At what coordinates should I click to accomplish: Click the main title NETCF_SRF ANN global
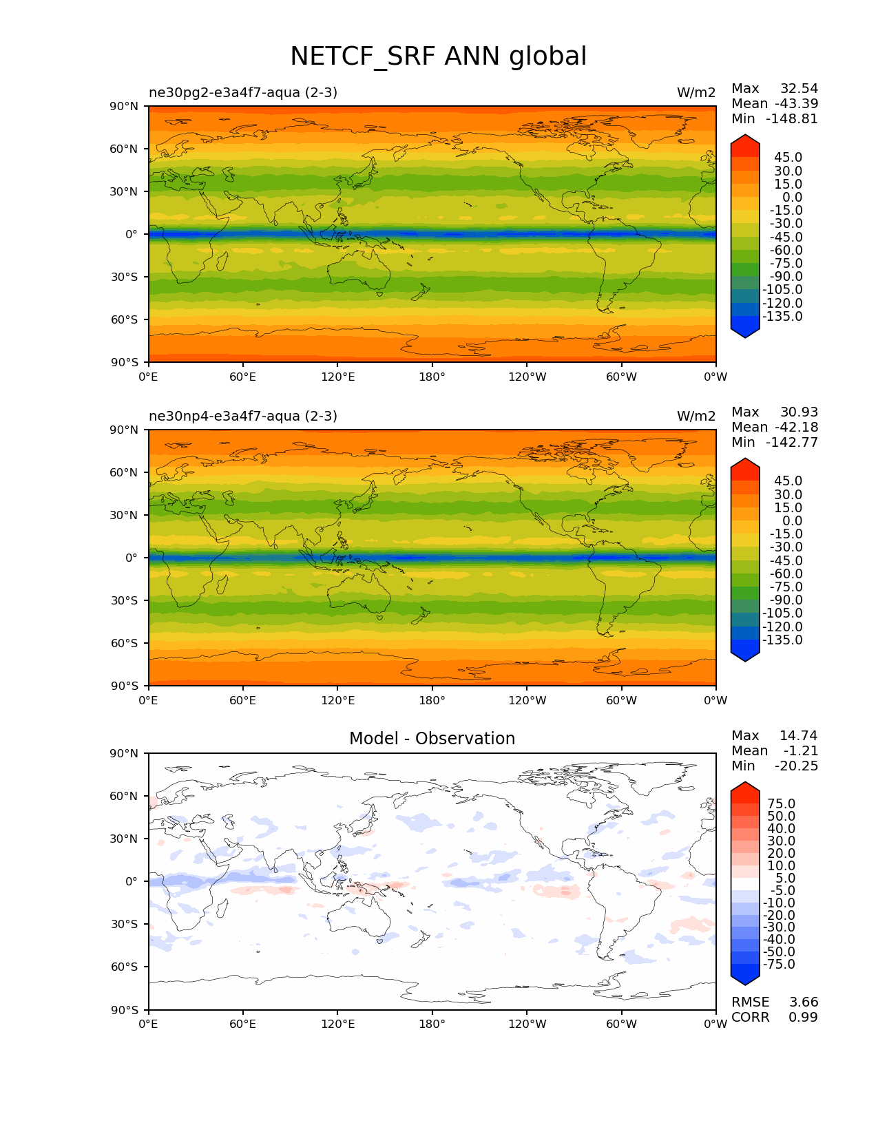coord(438,56)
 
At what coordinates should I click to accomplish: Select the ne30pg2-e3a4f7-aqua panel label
coord(243,92)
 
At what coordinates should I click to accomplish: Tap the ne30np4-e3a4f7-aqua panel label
coord(243,416)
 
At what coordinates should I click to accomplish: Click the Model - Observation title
coord(432,739)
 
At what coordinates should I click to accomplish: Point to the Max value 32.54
coord(799,88)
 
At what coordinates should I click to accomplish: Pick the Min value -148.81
coord(792,118)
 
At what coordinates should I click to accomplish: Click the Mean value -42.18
coord(796,427)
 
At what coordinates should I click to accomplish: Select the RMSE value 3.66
coord(803,1002)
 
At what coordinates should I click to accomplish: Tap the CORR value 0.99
coord(803,1017)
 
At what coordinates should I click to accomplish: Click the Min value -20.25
coord(796,766)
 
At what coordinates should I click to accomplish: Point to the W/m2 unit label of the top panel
coord(696,92)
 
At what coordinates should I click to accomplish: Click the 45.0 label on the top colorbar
coord(788,158)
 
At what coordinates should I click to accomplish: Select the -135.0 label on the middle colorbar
coord(782,640)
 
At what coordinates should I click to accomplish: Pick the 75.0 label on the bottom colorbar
coord(781,803)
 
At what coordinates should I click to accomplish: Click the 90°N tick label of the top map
coord(124,106)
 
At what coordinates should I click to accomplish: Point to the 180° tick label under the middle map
coord(432,700)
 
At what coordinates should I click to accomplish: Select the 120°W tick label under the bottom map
coord(527,1024)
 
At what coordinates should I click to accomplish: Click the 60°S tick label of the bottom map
coord(125,967)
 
